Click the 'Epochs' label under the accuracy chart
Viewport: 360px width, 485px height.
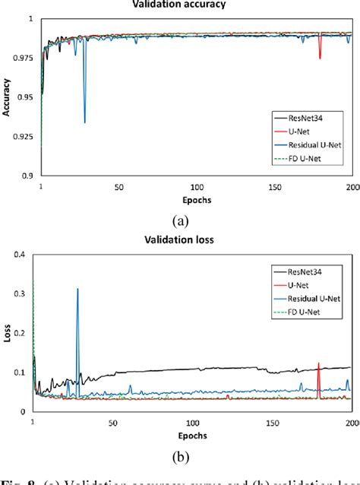tap(197, 199)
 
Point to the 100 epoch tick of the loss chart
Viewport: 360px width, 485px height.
tap(194, 420)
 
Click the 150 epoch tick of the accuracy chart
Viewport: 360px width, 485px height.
tap(275, 187)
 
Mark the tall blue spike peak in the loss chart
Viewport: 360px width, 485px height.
tap(77, 289)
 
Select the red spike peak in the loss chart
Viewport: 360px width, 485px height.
tap(318, 363)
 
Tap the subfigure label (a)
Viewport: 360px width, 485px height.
tap(180, 221)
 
